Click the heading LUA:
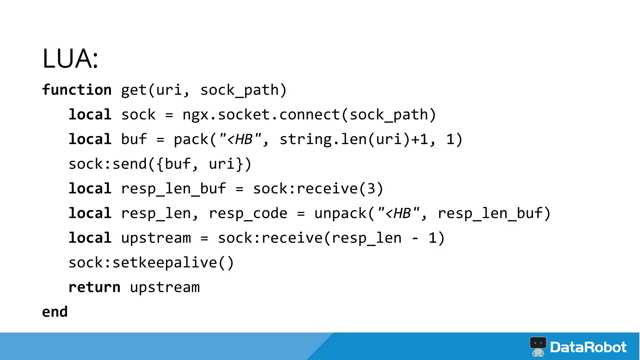coord(70,58)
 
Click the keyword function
coord(77,90)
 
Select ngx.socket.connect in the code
coord(261,115)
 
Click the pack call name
coord(191,139)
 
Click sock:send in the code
coord(107,164)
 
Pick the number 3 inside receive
coord(371,189)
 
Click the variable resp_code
coord(248,213)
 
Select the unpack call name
coord(340,213)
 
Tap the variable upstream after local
coord(156,238)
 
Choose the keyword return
coord(94,287)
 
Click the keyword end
coord(55,312)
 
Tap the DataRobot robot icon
coord(538,346)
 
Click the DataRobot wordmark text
coord(588,347)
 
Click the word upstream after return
coord(165,287)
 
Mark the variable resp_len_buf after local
coord(173,189)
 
